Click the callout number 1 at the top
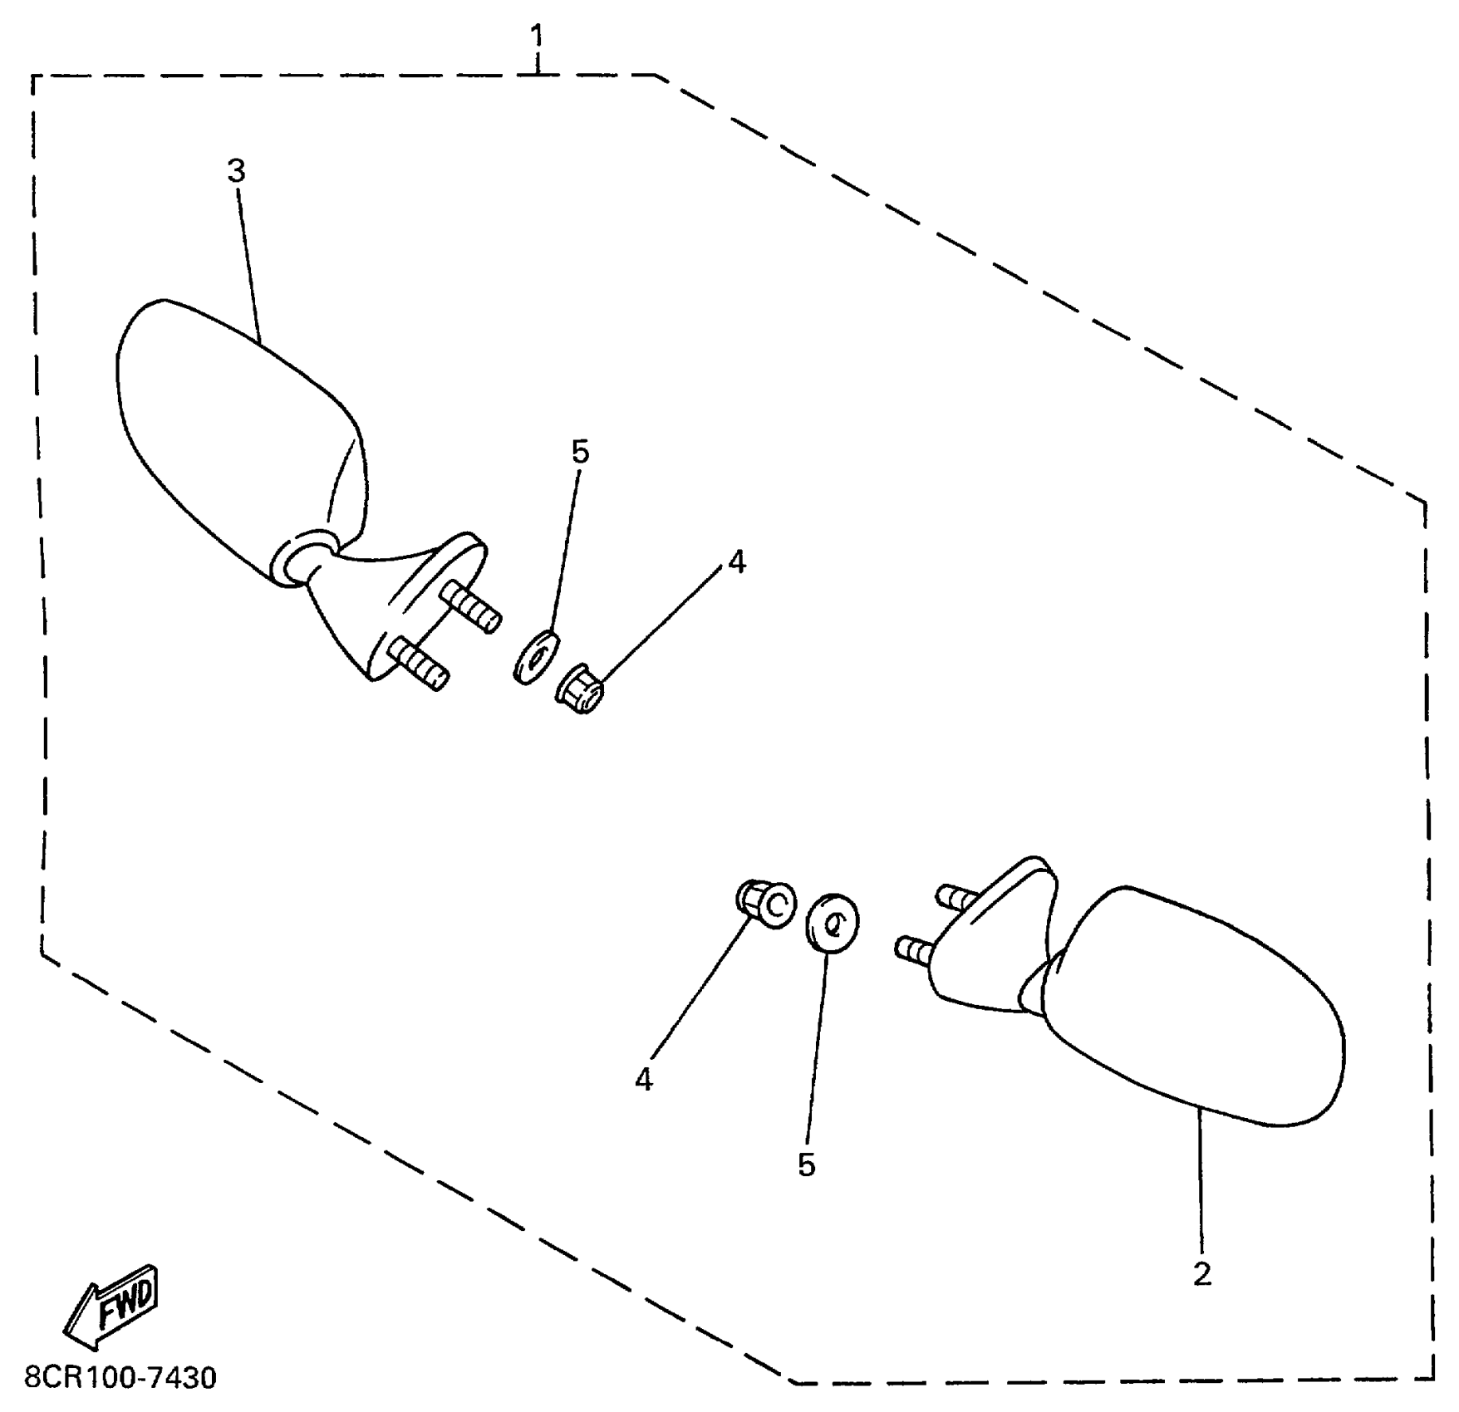click(538, 37)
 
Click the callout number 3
click(237, 172)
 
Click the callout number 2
click(1201, 1274)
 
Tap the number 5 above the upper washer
click(580, 453)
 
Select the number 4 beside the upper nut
click(736, 562)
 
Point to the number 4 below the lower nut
click(644, 1080)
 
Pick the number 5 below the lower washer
click(806, 1164)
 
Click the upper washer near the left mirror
click(536, 656)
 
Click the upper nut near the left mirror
click(580, 689)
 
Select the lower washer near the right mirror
click(833, 923)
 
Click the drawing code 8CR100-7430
click(120, 1378)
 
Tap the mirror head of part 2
click(1196, 1005)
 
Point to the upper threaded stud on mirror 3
click(471, 607)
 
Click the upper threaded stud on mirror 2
click(957, 897)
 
